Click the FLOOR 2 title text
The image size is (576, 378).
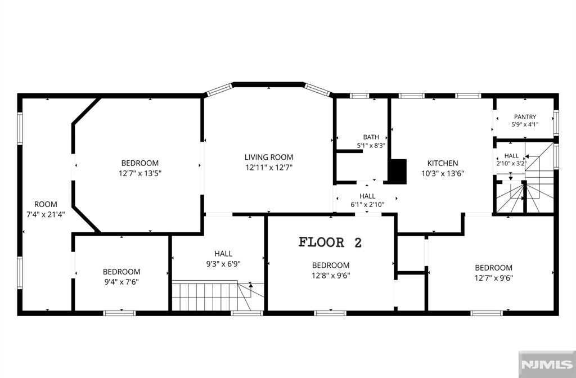click(x=330, y=242)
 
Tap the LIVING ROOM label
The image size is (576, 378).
click(x=269, y=157)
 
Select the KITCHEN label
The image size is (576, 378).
click(x=443, y=163)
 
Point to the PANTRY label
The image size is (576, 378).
click(x=525, y=117)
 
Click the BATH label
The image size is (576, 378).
click(x=371, y=137)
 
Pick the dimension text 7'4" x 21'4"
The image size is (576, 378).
click(x=46, y=214)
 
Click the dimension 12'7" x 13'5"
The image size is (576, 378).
click(x=140, y=173)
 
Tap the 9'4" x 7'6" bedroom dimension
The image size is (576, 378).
click(x=121, y=282)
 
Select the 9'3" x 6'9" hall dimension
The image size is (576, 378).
click(x=223, y=264)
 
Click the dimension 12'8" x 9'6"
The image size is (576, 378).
click(x=331, y=276)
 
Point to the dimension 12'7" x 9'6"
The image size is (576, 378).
click(x=494, y=278)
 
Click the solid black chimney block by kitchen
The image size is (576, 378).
click(x=398, y=171)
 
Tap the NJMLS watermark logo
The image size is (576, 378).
click(x=547, y=364)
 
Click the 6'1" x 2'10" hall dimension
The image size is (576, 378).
click(x=367, y=205)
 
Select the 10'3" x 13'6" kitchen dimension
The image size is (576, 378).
click(x=443, y=173)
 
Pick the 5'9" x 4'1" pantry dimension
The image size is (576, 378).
click(x=525, y=124)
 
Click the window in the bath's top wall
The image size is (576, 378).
click(x=359, y=96)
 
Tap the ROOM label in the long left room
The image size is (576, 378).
click(x=46, y=204)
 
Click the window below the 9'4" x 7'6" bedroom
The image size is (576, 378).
click(x=119, y=313)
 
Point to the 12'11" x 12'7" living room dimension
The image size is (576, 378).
click(x=269, y=168)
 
